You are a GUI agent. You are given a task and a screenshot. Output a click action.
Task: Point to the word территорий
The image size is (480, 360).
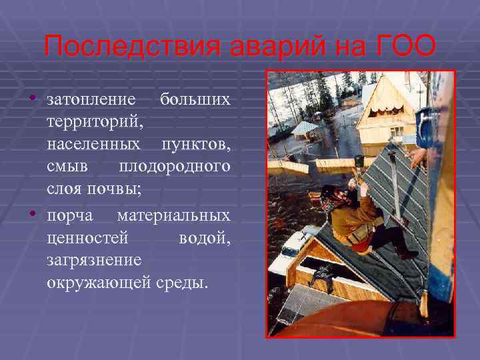click(x=93, y=122)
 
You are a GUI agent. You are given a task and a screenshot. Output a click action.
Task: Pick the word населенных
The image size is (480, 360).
click(x=93, y=143)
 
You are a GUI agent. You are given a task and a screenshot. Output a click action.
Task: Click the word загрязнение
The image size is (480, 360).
click(x=94, y=261)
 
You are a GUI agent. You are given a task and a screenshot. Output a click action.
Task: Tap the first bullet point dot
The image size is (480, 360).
click(x=32, y=100)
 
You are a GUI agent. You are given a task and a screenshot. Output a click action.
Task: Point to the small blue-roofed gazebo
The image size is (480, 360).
click(x=305, y=130)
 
